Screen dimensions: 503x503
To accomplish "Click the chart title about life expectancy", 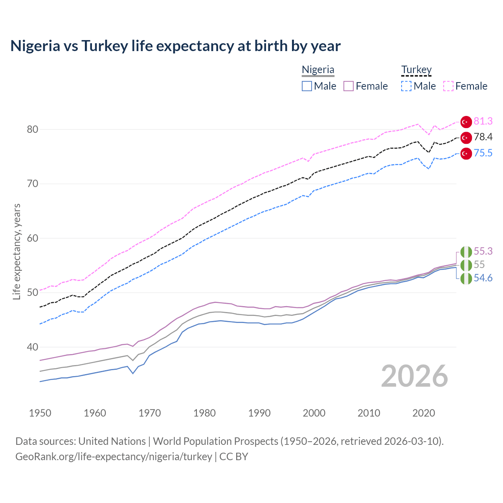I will point(175,46).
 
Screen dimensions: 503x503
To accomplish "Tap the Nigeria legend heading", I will point(318,70).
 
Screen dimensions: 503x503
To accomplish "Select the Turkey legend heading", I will point(416,70).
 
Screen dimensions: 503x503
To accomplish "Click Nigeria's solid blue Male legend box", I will point(307,86).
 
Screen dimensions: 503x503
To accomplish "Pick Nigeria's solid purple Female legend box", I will point(349,86).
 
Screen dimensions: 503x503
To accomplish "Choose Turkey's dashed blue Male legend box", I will point(406,86).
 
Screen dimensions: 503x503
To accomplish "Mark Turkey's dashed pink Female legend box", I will point(448,86).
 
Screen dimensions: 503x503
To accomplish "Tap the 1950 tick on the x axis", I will point(40,413).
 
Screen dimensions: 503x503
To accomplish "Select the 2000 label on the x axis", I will point(314,413).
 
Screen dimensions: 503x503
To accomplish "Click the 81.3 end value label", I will point(483,121).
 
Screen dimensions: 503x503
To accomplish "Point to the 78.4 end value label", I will point(483,137).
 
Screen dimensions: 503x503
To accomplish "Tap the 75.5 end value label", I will point(483,153).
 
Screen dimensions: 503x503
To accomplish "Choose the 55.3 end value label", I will point(483,251).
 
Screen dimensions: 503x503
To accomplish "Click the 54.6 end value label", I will point(483,278).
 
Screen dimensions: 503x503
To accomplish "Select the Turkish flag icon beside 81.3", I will point(466,122).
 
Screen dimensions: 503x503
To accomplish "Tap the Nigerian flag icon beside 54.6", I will point(466,279).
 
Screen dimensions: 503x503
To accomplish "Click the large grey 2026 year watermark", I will point(414,376).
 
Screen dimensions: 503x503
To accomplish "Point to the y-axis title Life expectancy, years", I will point(17,251).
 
